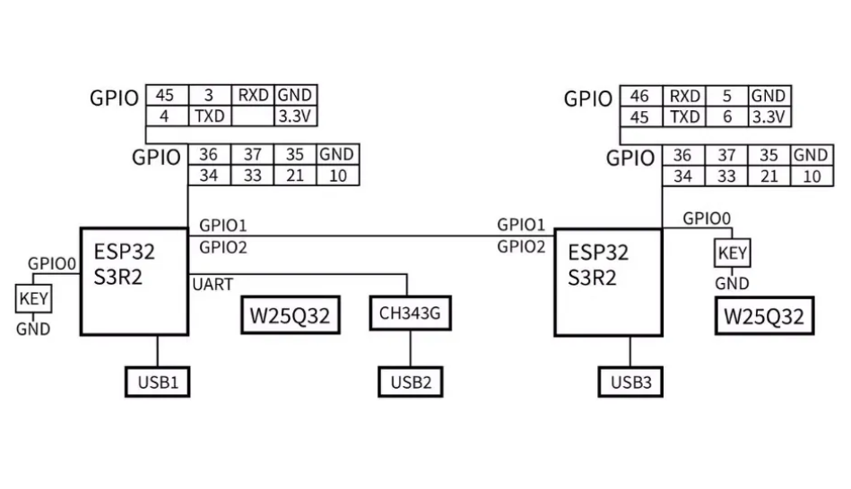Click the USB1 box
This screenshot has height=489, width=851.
point(159,382)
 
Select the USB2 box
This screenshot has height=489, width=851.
point(411,382)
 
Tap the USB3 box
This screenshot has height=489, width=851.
point(631,382)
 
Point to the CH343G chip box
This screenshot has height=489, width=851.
point(411,314)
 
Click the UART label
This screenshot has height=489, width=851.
point(213,285)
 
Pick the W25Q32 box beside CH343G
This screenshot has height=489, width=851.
point(291,316)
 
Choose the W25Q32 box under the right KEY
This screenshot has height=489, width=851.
point(764,316)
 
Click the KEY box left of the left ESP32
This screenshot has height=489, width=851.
point(34,298)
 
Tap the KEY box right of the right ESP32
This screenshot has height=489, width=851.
point(732,253)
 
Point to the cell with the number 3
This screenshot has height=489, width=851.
point(208,96)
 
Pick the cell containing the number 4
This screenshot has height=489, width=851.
point(165,116)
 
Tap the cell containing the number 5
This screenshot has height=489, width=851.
point(727,96)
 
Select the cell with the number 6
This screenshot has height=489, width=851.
point(727,116)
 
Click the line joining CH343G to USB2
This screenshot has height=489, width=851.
point(411,350)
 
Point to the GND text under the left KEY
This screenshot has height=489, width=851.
point(33,329)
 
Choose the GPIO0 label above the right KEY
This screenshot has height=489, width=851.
point(707,218)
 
